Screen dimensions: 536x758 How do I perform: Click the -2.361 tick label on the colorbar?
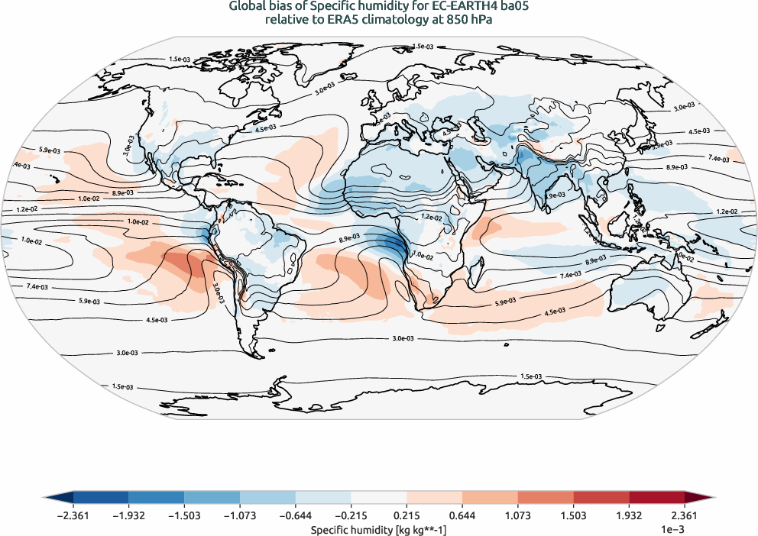[x=73, y=515]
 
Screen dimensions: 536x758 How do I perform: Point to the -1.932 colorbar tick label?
[x=129, y=515]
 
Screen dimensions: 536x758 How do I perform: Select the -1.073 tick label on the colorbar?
[x=240, y=515]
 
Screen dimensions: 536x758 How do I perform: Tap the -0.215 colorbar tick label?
[x=351, y=515]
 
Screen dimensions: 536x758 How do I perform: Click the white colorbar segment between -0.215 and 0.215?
[x=379, y=498]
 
